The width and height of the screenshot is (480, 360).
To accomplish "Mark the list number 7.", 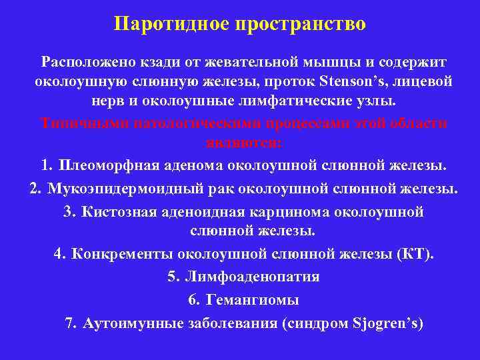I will [71, 323].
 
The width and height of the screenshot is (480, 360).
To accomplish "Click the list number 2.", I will [34, 188].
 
